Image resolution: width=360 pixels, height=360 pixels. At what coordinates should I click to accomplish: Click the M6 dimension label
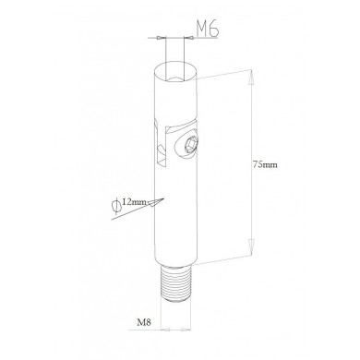tap(208, 30)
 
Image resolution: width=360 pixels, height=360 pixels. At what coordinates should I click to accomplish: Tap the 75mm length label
tap(265, 164)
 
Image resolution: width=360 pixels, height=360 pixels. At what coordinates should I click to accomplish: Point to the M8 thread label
tap(144, 322)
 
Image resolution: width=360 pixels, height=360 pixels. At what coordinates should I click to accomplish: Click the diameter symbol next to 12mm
tap(116, 207)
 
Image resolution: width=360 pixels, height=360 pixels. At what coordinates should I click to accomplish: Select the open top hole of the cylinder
tap(175, 73)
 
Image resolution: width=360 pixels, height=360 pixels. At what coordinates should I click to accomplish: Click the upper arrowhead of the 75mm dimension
tap(251, 78)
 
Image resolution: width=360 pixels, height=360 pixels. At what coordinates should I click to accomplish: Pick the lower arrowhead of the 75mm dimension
tap(251, 247)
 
